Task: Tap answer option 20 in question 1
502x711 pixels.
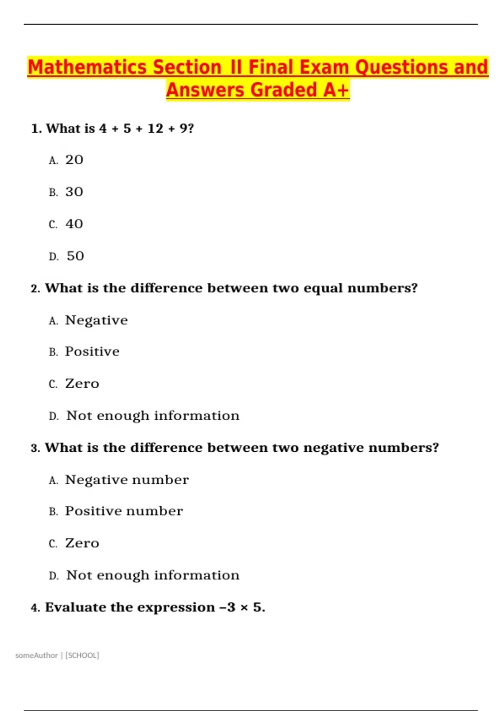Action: click(x=74, y=160)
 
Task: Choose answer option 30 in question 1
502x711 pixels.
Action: click(x=74, y=192)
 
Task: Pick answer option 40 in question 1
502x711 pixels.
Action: click(x=74, y=224)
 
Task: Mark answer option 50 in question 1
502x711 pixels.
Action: click(x=75, y=256)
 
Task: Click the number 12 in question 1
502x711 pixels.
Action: click(x=155, y=128)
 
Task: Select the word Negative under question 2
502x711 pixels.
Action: click(x=96, y=320)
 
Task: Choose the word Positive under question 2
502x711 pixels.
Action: click(x=92, y=352)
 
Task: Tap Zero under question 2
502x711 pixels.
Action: click(x=82, y=384)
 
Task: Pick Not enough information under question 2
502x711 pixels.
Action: click(x=153, y=416)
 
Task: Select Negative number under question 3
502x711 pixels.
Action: click(x=127, y=480)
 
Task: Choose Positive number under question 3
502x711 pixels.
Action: click(x=124, y=511)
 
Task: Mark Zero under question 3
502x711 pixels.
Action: click(x=82, y=543)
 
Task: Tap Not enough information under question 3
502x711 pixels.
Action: click(x=153, y=575)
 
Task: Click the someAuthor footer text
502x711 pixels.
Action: click(x=36, y=655)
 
